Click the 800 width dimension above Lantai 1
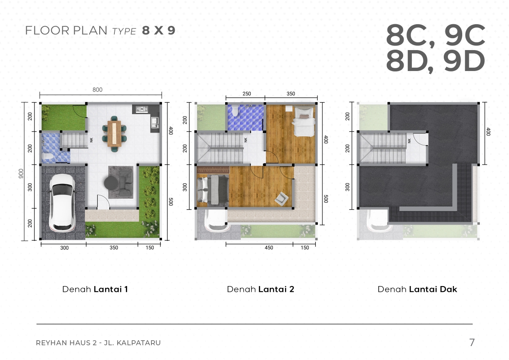97,90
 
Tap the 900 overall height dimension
21,174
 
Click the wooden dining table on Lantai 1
114,133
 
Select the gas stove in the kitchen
142,109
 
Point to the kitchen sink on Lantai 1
155,123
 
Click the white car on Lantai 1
62,203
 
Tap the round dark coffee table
111,183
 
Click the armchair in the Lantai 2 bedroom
281,198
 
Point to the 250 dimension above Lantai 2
247,94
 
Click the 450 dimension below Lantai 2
269,248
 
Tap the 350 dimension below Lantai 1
114,248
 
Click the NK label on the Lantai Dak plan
409,141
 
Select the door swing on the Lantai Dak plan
420,139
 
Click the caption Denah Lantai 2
260,289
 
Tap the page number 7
472,342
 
